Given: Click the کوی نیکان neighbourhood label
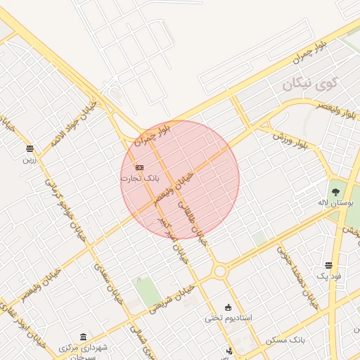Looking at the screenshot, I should pyautogui.click(x=310, y=84).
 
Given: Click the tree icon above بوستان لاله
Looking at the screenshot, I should pyautogui.click(x=335, y=191).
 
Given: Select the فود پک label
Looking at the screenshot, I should pyautogui.click(x=329, y=277).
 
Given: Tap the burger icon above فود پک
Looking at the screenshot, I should pyautogui.click(x=329, y=265).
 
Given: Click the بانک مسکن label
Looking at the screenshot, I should pyautogui.click(x=286, y=340).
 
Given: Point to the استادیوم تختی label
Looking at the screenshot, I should pyautogui.click(x=229, y=318).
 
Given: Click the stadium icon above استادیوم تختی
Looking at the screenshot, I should pyautogui.click(x=228, y=307).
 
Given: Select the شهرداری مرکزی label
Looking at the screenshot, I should pyautogui.click(x=84, y=348).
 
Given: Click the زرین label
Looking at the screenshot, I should pyautogui.click(x=29, y=160).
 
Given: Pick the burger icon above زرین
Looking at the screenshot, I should pyautogui.click(x=30, y=148).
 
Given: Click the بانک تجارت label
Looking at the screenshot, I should pyautogui.click(x=139, y=179).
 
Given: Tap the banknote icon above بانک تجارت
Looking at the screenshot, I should pyautogui.click(x=139, y=167).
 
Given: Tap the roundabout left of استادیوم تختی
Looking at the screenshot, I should pyautogui.click(x=220, y=271).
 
